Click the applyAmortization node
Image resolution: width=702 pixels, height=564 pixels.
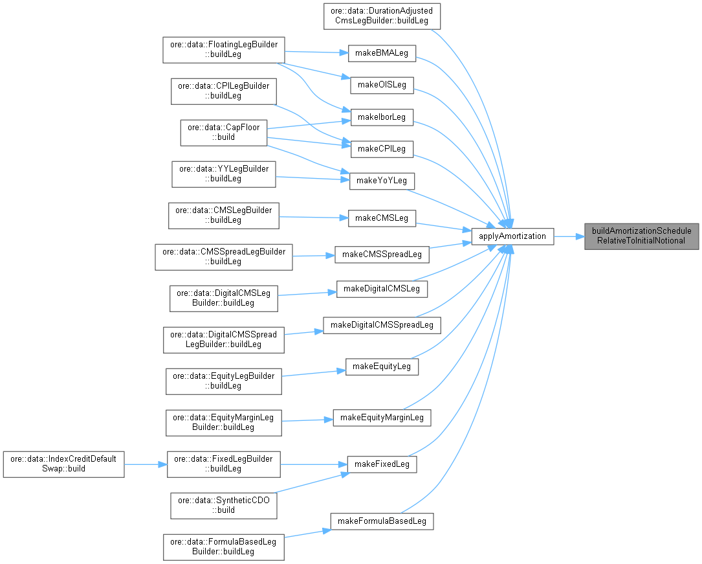point(512,236)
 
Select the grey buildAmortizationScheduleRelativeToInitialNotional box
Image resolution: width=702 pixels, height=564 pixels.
point(642,236)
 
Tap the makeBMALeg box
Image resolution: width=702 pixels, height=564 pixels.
point(382,53)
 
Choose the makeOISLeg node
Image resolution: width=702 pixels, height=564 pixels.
point(382,85)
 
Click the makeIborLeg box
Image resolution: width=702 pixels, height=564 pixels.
point(382,117)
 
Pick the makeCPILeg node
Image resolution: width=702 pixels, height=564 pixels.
point(382,149)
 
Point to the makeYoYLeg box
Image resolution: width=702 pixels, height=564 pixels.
point(382,181)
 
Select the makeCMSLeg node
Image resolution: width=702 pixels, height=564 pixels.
point(382,218)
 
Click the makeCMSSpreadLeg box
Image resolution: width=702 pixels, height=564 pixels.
point(382,254)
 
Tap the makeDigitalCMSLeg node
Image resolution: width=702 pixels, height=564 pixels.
point(382,288)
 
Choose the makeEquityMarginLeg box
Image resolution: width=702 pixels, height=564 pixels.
point(382,417)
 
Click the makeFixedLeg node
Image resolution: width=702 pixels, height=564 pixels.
point(382,464)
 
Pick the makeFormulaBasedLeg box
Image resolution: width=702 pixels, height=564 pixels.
point(382,521)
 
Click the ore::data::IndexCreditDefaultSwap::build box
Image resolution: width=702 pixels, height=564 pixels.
point(63,464)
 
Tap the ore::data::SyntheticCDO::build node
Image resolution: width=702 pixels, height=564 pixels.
point(224,505)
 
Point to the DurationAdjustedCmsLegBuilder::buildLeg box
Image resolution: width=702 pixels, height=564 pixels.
point(382,16)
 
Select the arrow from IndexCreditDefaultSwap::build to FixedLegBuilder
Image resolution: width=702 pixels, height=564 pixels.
point(146,464)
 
